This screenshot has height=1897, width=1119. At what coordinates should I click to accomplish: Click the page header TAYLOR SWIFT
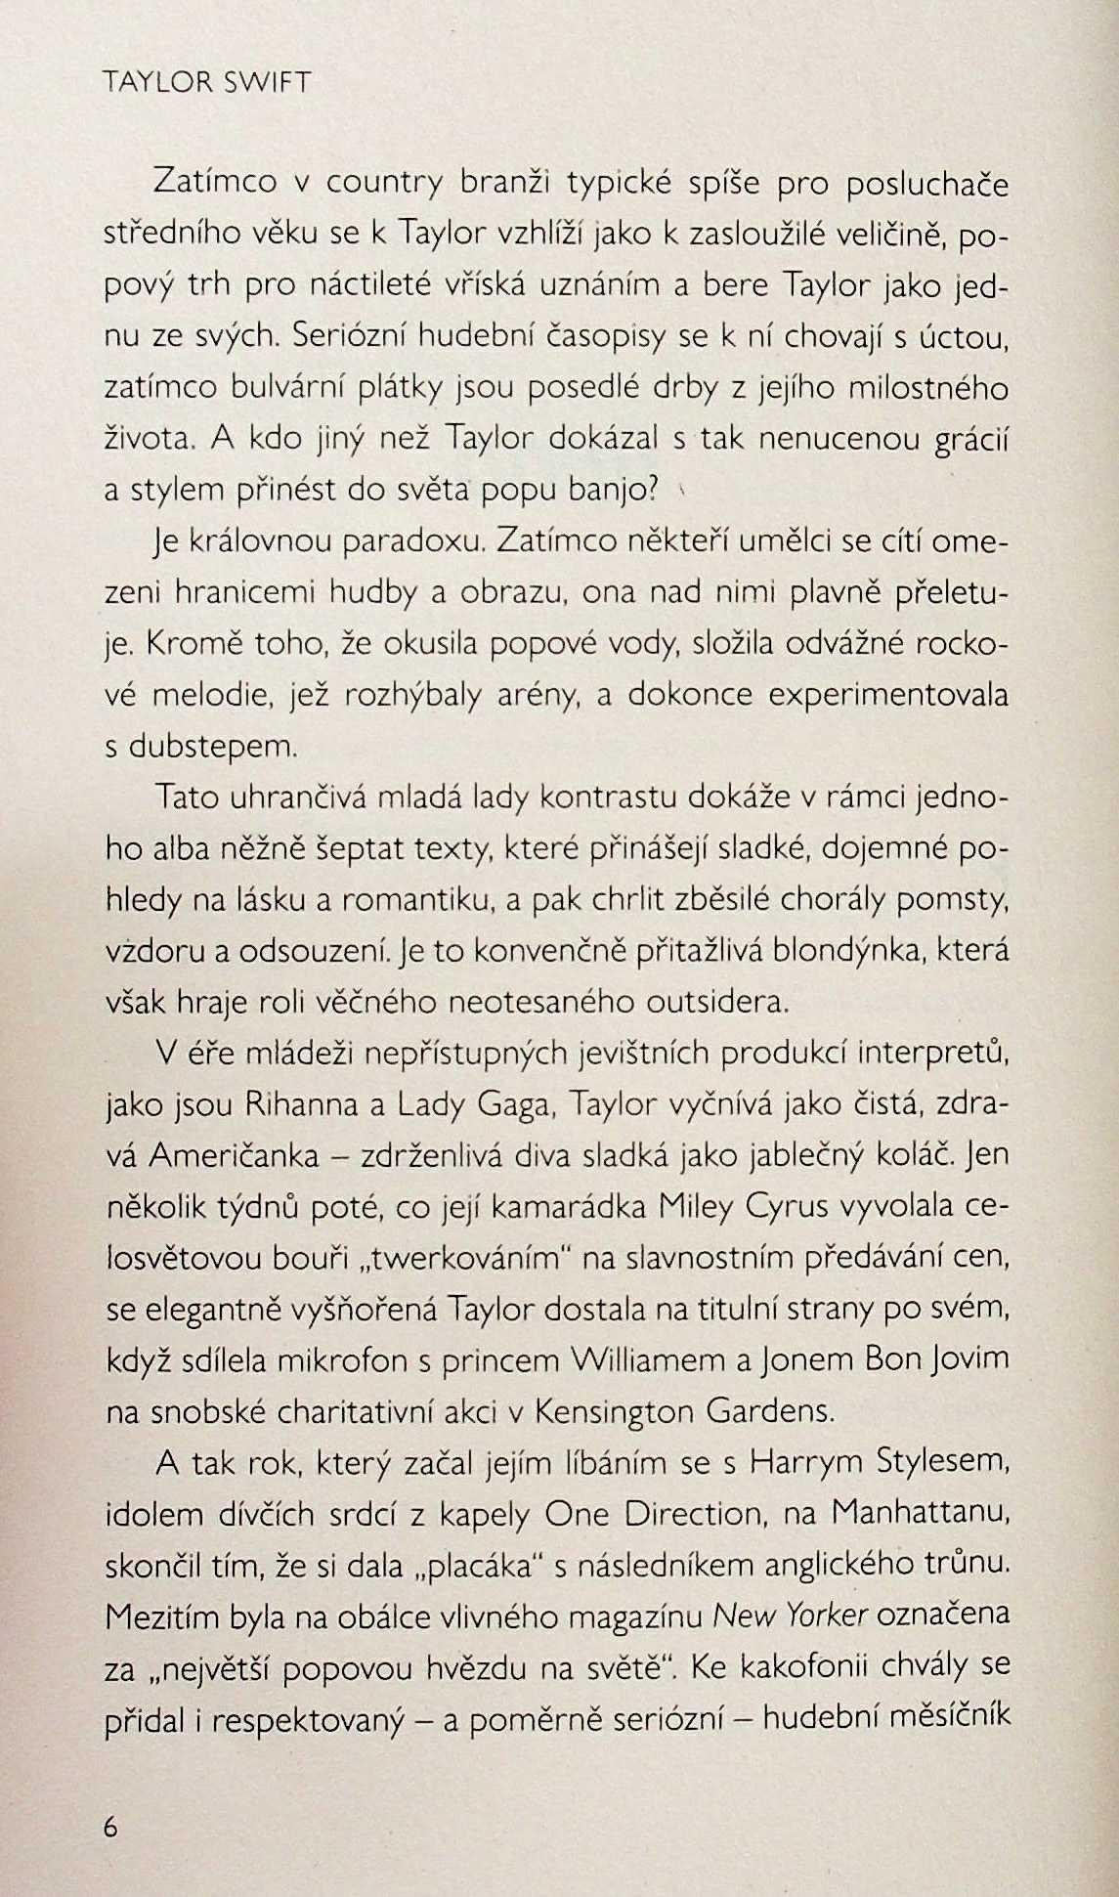[206, 83]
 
